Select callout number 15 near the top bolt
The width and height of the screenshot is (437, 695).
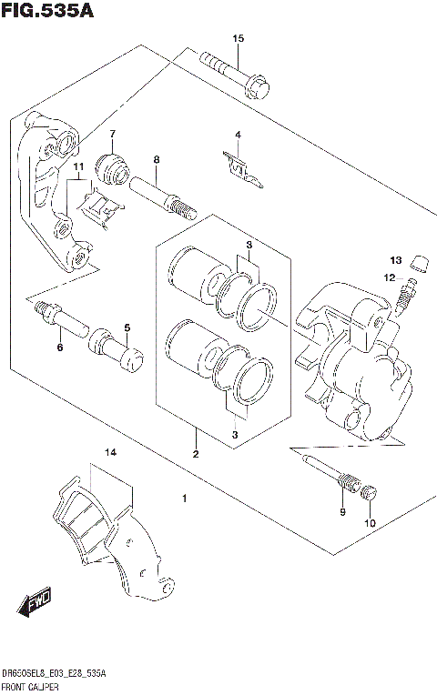(x=239, y=38)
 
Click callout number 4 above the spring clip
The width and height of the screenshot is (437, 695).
(x=238, y=136)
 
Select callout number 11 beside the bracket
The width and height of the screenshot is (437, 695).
(x=79, y=166)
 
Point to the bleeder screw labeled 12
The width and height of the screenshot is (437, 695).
(x=406, y=292)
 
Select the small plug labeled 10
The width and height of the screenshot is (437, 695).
(x=369, y=495)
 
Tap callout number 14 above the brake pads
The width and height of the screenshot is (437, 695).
(x=110, y=452)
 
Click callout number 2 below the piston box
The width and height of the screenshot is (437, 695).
(x=194, y=454)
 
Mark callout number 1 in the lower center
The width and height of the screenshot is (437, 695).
(x=184, y=499)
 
